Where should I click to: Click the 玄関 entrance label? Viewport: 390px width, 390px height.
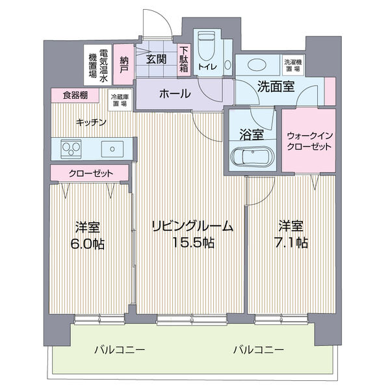click(155, 60)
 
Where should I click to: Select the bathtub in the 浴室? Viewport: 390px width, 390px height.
click(251, 158)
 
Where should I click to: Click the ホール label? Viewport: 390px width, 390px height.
click(175, 94)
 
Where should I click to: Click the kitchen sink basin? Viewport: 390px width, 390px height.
click(114, 149)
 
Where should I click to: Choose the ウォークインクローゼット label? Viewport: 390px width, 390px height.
click(309, 141)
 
